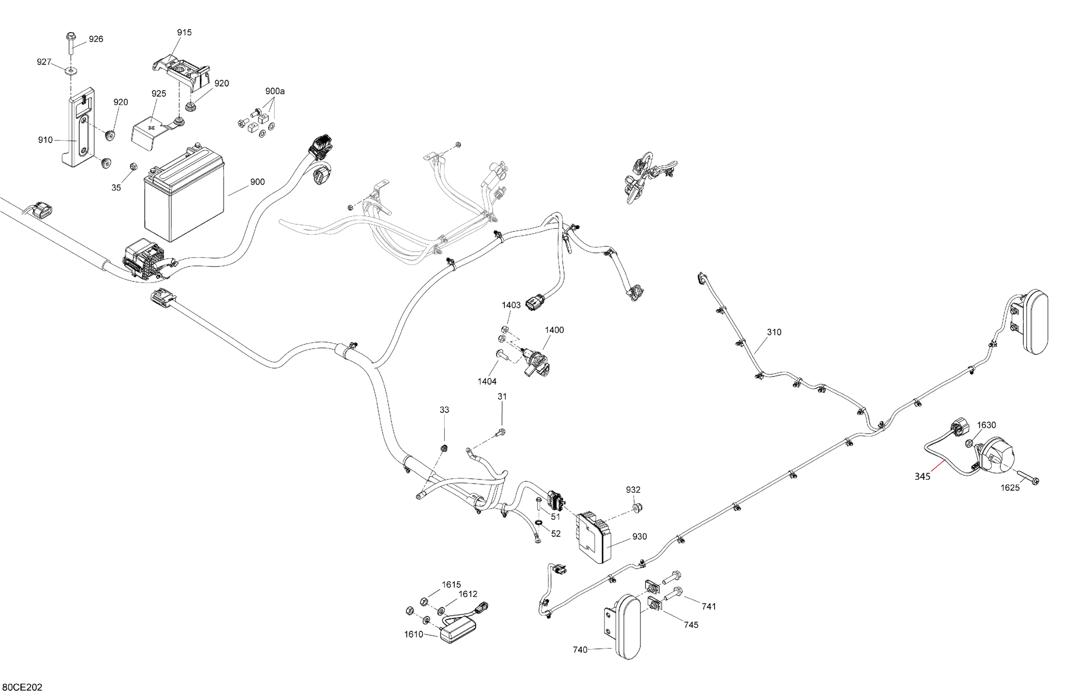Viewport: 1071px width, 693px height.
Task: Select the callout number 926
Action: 96,39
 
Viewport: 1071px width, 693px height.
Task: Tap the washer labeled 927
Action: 71,70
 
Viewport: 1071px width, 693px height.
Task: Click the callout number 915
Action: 184,32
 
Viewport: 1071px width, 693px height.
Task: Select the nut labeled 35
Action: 133,166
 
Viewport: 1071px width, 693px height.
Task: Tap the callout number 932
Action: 633,489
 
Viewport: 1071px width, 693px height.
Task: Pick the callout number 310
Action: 774,332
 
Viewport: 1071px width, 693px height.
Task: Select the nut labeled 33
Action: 444,448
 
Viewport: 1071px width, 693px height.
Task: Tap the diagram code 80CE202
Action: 22,687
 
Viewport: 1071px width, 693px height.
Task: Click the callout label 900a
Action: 275,91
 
